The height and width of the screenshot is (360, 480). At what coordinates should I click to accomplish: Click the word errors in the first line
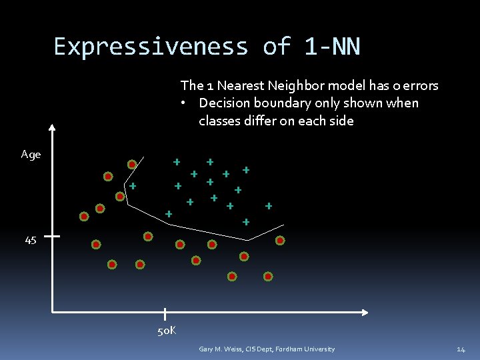[419, 85]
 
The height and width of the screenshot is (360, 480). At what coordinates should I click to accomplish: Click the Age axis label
[31, 155]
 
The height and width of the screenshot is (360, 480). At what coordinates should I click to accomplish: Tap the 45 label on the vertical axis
[31, 241]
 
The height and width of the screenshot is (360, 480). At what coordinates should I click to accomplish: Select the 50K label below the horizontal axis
[166, 331]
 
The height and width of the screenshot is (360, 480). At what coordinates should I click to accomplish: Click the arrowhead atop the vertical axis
[53, 129]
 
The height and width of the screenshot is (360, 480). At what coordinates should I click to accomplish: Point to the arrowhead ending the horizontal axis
[364, 312]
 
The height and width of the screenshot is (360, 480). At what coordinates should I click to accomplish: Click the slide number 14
[461, 349]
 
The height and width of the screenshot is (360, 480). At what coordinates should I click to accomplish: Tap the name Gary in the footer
[207, 349]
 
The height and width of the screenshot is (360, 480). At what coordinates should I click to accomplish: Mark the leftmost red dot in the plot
[84, 217]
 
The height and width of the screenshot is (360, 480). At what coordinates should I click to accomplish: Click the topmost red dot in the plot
[132, 164]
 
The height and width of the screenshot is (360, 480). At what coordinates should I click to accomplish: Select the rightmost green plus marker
[269, 206]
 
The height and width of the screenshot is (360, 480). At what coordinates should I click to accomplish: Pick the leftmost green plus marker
[133, 185]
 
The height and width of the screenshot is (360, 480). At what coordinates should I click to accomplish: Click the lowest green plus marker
[245, 221]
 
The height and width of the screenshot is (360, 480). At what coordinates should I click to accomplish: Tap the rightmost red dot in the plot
[280, 241]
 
